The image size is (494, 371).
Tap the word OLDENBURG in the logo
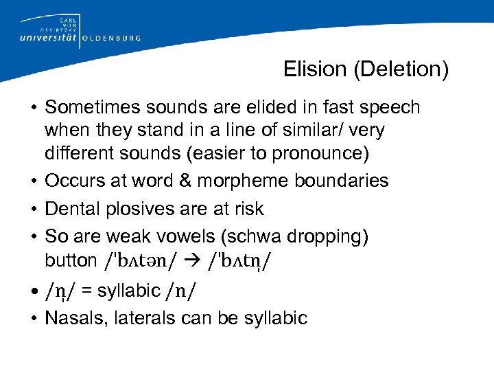(x=111, y=38)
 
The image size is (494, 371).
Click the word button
(x=71, y=260)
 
